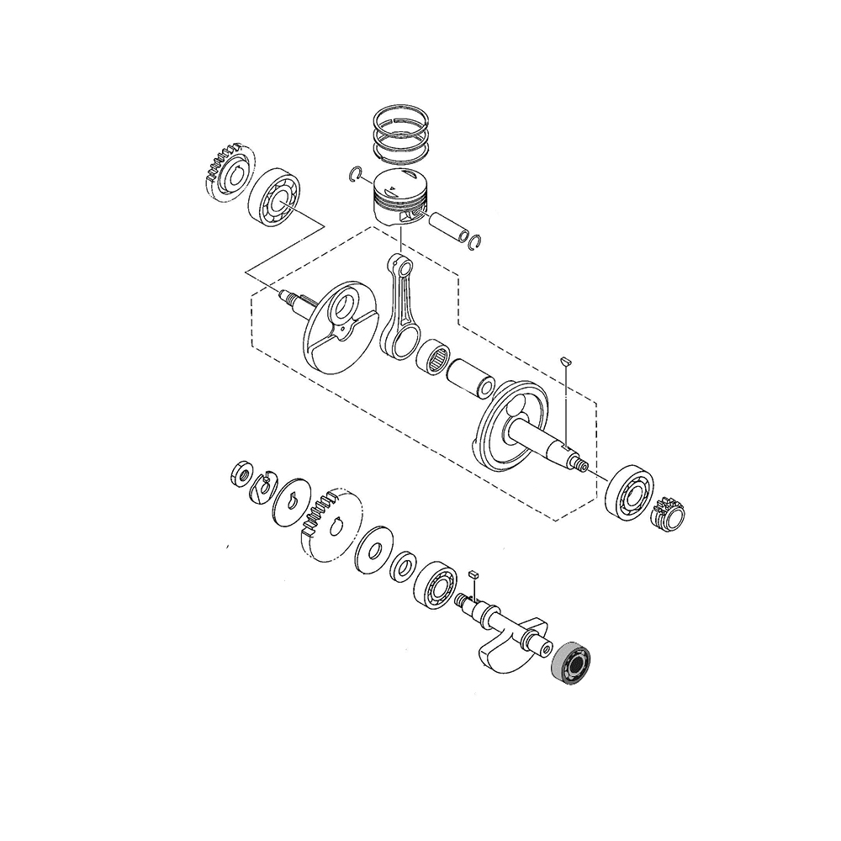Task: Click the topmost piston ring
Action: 401,121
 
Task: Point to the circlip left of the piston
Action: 356,174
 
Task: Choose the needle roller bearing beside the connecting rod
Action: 436,358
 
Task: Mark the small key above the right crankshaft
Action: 565,359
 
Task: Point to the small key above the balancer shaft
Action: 473,573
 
